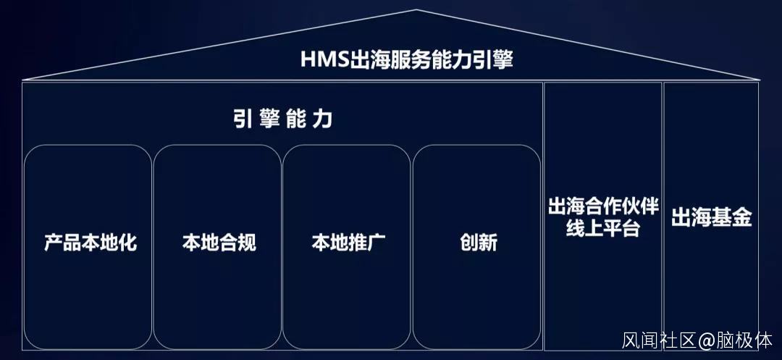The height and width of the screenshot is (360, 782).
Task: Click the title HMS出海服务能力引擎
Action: point(406,60)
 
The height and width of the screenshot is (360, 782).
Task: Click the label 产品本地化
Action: point(90,242)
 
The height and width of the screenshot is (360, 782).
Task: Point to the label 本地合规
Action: point(219,242)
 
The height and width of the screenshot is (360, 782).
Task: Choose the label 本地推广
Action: point(348,242)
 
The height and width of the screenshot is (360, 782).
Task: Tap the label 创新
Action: point(478,242)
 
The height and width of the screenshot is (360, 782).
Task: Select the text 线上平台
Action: point(603,230)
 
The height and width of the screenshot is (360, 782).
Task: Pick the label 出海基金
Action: point(711,218)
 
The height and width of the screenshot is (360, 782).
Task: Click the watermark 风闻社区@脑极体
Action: point(697,340)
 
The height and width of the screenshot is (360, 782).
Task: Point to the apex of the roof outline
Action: point(416,10)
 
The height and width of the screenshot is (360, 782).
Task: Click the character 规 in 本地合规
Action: point(247,242)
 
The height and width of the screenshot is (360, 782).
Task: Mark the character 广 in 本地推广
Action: point(376,242)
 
